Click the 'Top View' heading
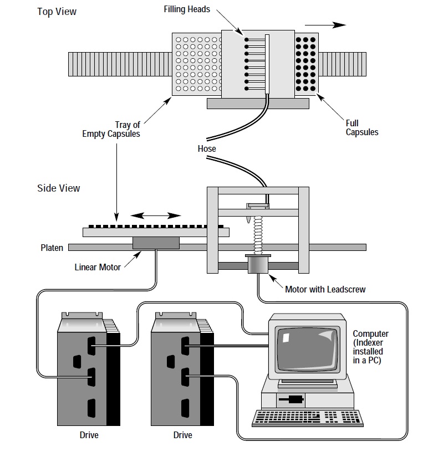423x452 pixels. (57, 12)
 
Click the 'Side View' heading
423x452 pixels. (59, 188)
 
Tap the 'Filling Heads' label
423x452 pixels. (187, 9)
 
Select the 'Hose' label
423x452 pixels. (207, 149)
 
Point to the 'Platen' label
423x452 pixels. (52, 248)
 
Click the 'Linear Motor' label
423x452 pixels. (98, 267)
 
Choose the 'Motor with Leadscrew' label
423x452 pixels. (325, 289)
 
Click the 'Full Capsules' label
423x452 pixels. (362, 128)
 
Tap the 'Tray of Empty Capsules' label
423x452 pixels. (111, 129)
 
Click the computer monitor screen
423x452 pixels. (307, 349)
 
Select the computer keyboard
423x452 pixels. (308, 418)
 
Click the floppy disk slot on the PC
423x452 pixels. (291, 399)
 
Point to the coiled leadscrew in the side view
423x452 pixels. (258, 235)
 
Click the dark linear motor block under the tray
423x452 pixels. (156, 243)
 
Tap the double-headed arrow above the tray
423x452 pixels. (156, 215)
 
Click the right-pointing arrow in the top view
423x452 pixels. (325, 25)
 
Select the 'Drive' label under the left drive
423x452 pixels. (89, 435)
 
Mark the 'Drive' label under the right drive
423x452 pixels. (182, 435)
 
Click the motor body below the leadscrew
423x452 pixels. (258, 265)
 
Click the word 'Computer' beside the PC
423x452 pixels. (370, 334)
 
